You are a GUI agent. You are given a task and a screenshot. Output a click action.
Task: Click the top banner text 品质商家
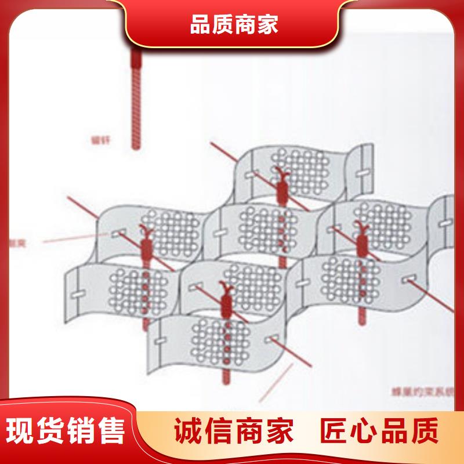click(234, 25)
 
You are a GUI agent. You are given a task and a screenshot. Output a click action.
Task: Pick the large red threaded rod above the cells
click(136, 99)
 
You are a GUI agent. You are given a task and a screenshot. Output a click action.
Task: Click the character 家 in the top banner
click(267, 25)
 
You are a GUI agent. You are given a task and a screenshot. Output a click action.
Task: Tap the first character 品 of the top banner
click(201, 25)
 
